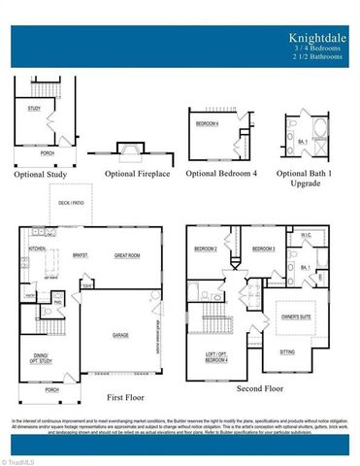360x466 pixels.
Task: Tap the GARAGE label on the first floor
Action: (120, 335)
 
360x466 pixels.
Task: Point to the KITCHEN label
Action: (37, 250)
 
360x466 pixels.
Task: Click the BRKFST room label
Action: (80, 255)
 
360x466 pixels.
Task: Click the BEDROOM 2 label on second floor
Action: (205, 250)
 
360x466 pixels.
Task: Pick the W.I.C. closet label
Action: (306, 236)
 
